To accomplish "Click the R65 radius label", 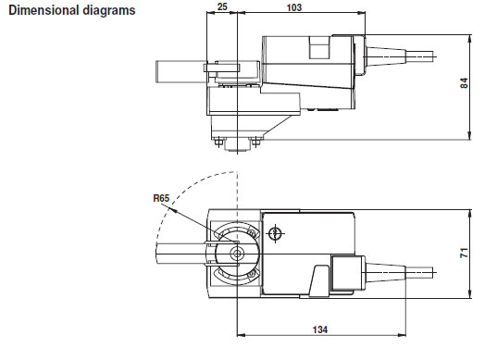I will pyautogui.click(x=161, y=198).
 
